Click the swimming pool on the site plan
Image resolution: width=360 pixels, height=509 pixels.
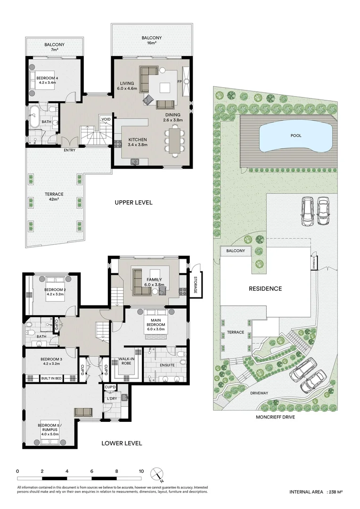(296, 136)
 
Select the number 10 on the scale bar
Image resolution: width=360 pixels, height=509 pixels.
(141, 471)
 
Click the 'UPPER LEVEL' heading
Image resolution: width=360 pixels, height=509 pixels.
(133, 203)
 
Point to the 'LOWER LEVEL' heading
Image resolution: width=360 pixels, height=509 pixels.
(122, 443)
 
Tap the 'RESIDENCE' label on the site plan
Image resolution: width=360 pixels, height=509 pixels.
(266, 288)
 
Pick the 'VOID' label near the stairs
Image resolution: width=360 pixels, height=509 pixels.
(106, 119)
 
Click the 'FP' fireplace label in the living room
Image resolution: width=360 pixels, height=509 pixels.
(179, 82)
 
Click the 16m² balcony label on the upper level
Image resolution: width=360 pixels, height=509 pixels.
(151, 41)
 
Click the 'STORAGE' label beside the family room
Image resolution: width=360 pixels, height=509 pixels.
(195, 284)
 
